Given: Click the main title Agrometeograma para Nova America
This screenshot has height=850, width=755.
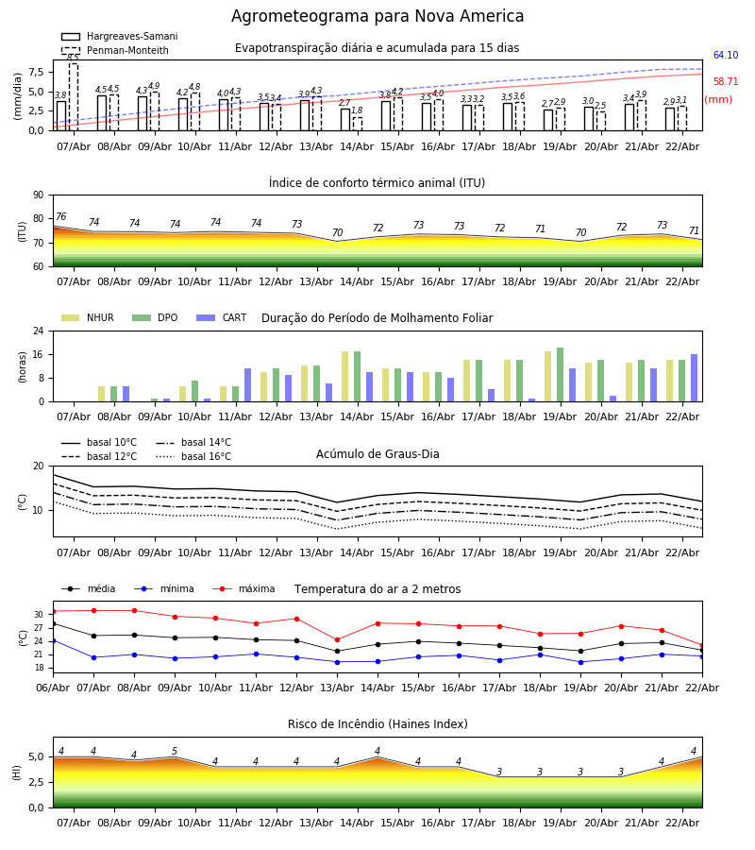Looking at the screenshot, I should [377, 17].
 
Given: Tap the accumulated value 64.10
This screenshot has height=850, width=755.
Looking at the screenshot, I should [725, 56].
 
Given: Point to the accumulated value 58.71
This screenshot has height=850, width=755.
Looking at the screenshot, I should [725, 82].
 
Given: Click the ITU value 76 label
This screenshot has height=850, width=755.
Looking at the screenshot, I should [60, 217].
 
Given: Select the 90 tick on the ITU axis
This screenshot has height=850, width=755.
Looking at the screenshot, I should [38, 195].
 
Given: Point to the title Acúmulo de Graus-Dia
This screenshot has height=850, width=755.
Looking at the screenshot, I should [377, 454].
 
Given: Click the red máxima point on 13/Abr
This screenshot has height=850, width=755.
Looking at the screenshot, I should [337, 639].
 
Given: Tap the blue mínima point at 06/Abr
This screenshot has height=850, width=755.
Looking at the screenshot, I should [53, 640].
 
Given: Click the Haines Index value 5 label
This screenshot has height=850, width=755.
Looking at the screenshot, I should [175, 752].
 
